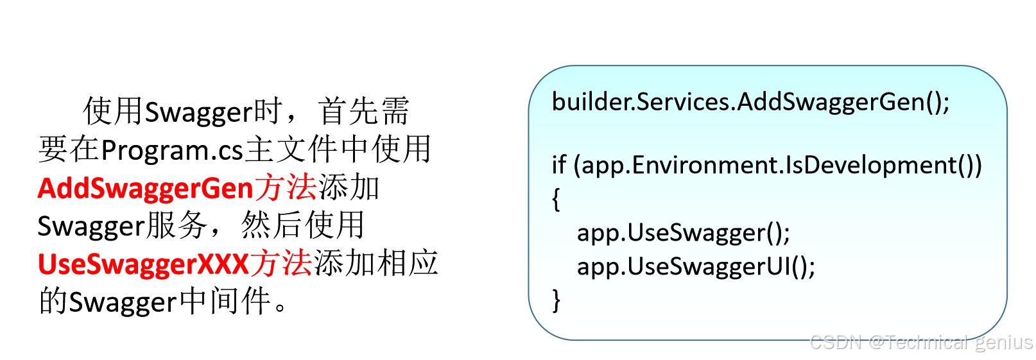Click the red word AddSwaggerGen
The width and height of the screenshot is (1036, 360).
(x=146, y=189)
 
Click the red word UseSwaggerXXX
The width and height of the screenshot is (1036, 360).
(x=143, y=264)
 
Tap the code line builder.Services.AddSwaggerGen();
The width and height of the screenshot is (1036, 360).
(x=750, y=102)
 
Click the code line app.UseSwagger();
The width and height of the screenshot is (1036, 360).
(x=683, y=232)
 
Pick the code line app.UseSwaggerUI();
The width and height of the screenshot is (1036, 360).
(x=696, y=266)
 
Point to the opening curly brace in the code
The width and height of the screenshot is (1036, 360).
(x=556, y=200)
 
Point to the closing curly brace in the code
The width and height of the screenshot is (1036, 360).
(x=556, y=300)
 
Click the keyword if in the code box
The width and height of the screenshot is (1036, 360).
(x=558, y=165)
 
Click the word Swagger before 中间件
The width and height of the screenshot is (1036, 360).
(x=123, y=302)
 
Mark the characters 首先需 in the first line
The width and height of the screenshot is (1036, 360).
(x=363, y=112)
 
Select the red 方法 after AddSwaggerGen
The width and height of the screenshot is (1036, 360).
(x=286, y=188)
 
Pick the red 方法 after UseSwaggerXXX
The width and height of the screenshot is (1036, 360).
(x=281, y=264)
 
